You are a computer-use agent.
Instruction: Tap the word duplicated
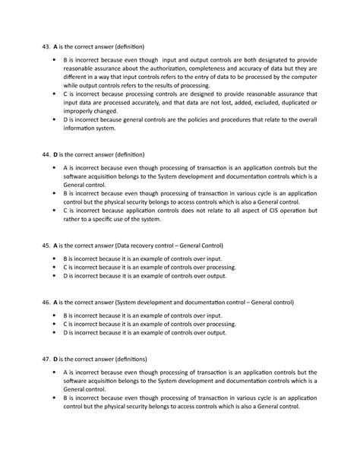289,102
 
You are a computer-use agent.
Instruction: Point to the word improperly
78,111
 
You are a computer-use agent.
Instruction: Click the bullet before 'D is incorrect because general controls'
54,120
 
